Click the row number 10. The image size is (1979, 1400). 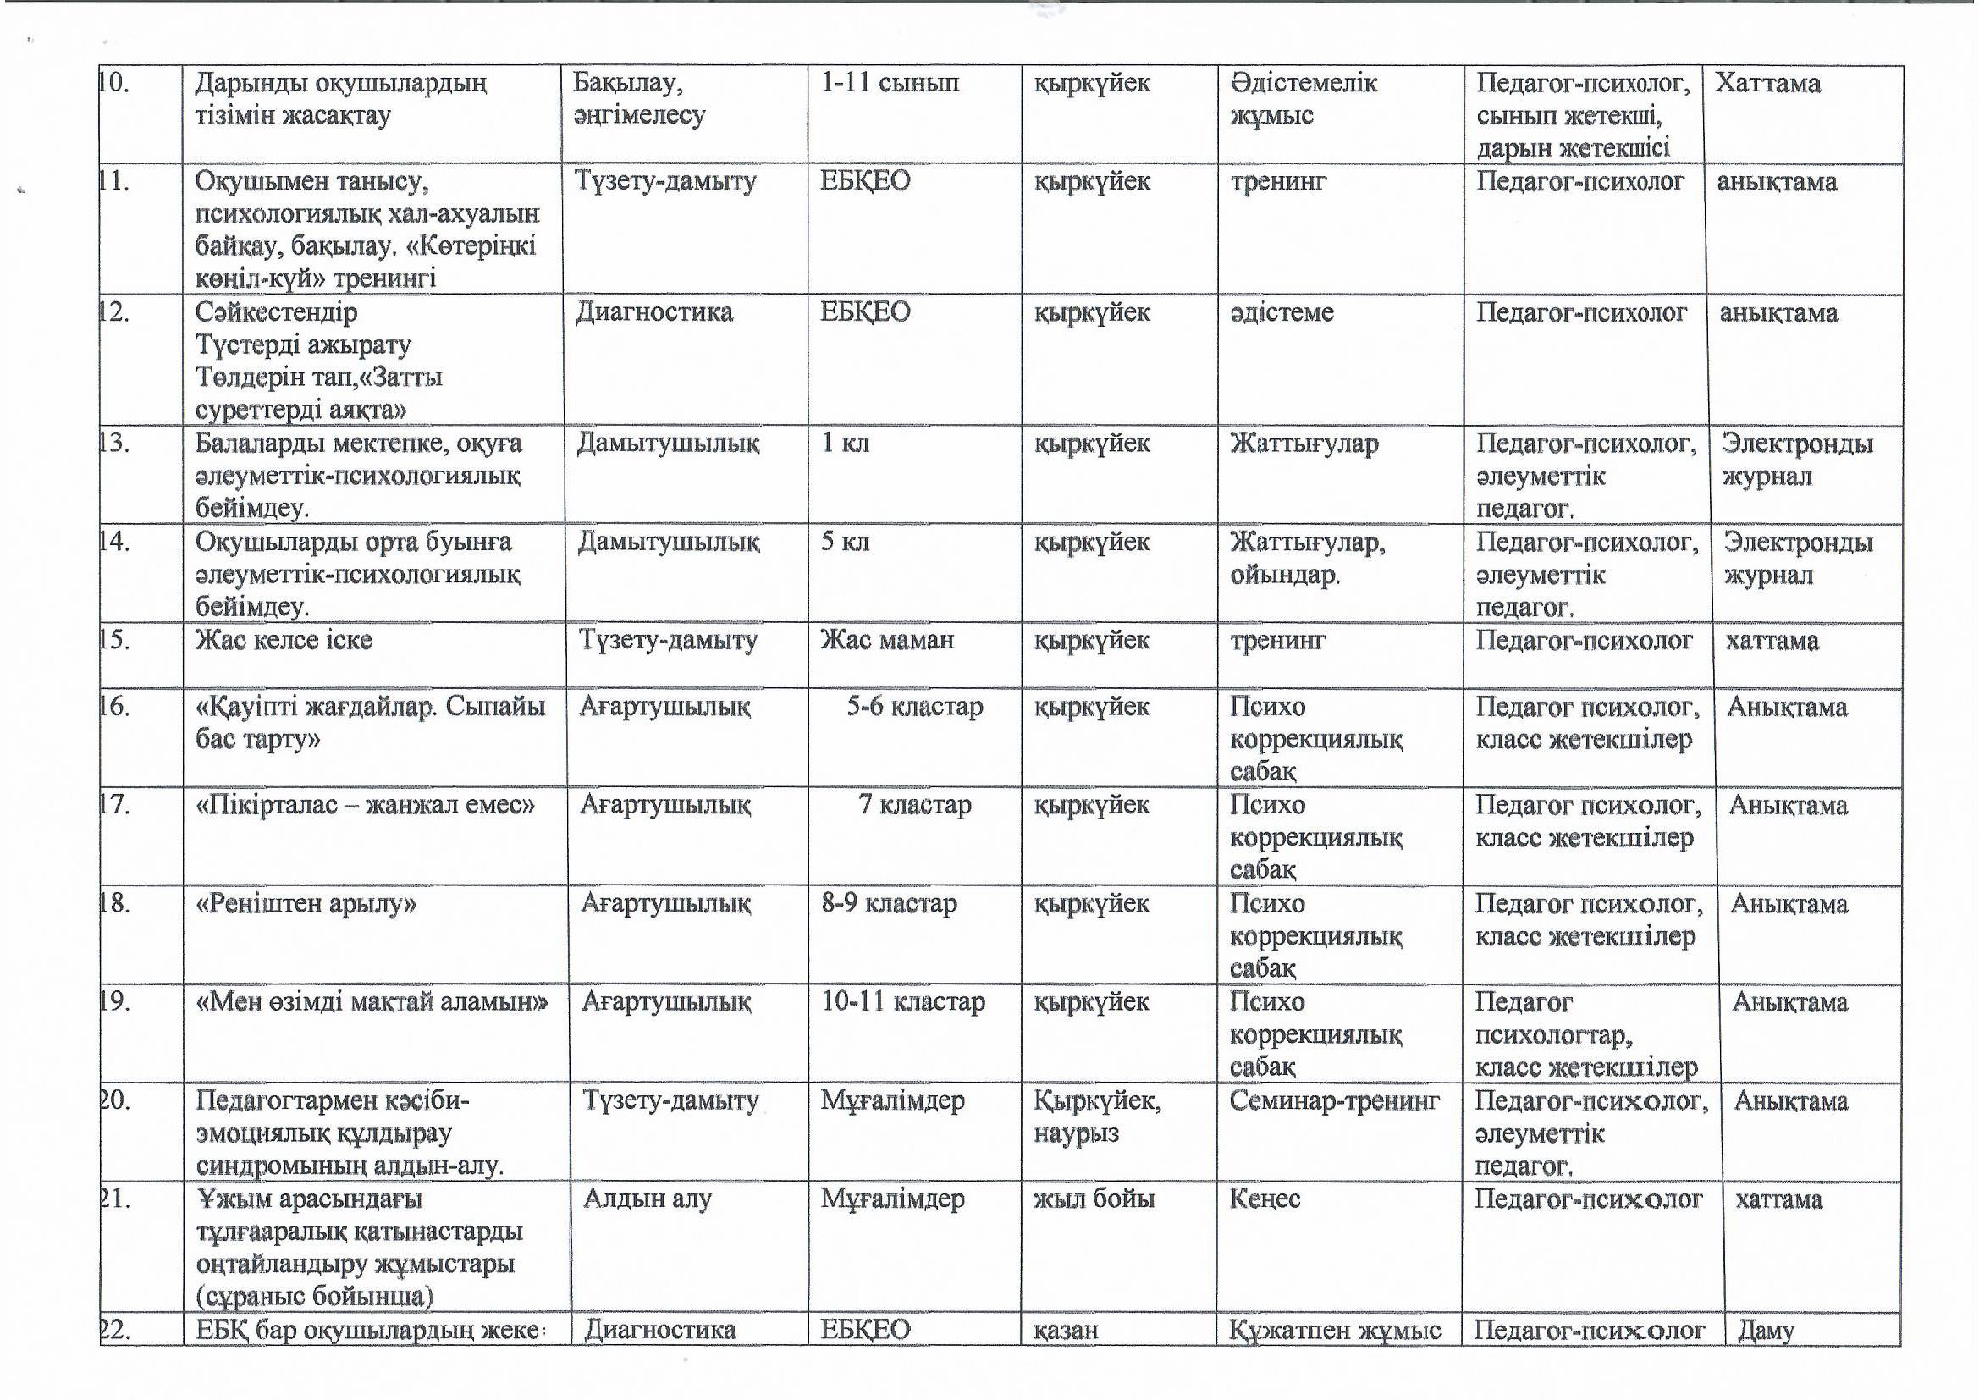click(113, 84)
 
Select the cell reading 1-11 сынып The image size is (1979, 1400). click(889, 84)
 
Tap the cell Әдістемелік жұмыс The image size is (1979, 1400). click(1303, 99)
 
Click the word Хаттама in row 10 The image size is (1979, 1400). click(1767, 84)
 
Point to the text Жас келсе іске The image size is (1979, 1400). click(284, 641)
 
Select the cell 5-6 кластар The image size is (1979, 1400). click(913, 708)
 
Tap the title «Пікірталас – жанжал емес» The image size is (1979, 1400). click(367, 806)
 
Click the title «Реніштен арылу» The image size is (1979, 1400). click(307, 904)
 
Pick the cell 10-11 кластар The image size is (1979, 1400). click(901, 1002)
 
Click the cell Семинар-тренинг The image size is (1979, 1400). click(1333, 1101)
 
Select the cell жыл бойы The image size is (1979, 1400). click(1093, 1199)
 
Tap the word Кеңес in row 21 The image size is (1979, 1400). click(1265, 1199)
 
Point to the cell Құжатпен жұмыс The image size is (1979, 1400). click(1334, 1331)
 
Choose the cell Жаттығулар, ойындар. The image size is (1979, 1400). click(1307, 559)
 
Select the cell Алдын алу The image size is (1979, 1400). click(647, 1199)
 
